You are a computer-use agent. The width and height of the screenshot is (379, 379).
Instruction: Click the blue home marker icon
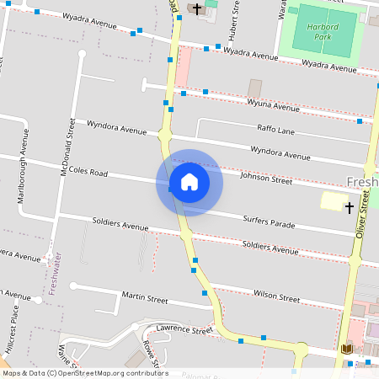pos(189,182)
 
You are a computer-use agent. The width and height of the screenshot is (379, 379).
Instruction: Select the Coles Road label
pos(88,172)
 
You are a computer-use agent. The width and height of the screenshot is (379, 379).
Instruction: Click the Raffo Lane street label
pos(275,130)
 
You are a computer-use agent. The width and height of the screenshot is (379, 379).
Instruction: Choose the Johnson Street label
pos(266,179)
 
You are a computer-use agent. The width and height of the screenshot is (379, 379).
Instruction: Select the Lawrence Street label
pos(179,330)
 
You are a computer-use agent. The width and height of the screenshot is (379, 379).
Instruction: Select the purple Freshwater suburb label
pos(53,273)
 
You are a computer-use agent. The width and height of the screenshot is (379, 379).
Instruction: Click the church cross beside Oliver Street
pos(349,206)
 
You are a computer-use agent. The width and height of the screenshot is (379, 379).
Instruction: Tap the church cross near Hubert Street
pos(197,9)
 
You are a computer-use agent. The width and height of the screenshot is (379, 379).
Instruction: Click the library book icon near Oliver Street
pos(346,349)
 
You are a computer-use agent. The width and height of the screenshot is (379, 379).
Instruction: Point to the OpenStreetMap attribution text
pos(85,372)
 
